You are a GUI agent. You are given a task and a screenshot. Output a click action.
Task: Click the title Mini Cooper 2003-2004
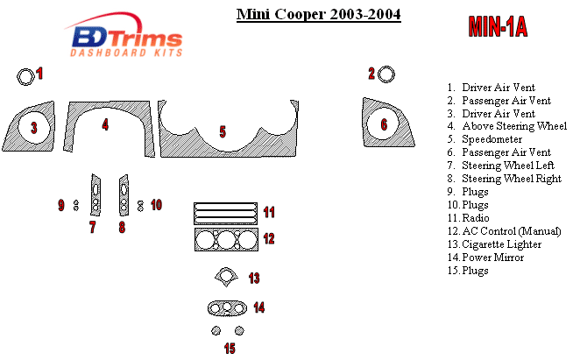click(x=319, y=15)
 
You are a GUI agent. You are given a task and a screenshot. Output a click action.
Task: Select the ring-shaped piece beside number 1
click(x=25, y=75)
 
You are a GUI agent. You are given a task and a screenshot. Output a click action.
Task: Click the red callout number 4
click(x=105, y=125)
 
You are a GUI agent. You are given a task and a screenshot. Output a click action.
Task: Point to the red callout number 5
click(x=223, y=132)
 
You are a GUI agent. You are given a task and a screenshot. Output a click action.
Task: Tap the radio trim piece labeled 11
click(x=225, y=213)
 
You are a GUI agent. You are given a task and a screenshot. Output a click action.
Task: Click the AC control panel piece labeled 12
click(x=225, y=240)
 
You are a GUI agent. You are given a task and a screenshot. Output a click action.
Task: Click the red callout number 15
click(x=230, y=349)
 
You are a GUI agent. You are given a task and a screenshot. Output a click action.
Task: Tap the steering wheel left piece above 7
click(x=94, y=194)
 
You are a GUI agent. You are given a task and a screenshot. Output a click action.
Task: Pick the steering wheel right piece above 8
click(x=124, y=194)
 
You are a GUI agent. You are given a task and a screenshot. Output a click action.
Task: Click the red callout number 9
click(x=61, y=205)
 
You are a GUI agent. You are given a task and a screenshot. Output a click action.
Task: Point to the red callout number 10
click(x=156, y=205)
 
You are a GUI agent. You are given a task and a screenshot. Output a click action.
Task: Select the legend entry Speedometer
click(x=492, y=139)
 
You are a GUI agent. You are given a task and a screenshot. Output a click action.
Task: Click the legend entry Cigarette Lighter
click(x=502, y=244)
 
